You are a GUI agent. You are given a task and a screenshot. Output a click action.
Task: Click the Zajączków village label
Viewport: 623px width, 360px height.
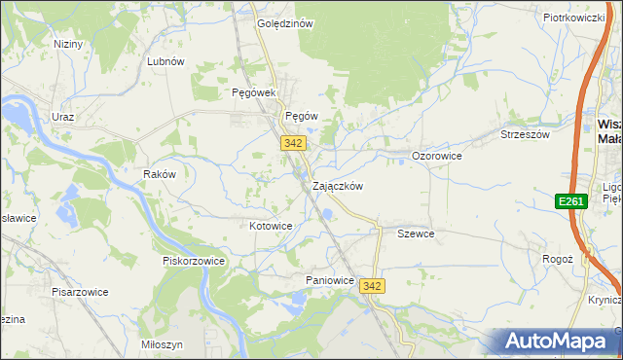338,186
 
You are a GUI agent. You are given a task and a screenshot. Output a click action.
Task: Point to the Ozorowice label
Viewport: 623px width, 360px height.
436,156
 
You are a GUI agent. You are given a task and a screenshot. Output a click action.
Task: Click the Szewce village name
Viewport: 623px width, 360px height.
416,234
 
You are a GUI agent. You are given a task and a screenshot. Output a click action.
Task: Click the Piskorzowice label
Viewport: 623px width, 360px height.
194,261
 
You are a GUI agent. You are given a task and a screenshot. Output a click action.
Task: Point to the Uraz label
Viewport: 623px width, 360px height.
63,116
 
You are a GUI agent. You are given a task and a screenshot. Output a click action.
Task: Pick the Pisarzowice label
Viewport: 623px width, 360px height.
81,292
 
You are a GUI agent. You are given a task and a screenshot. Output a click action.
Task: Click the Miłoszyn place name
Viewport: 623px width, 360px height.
162,345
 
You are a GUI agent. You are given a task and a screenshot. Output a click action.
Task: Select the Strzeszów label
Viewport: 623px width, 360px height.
525,134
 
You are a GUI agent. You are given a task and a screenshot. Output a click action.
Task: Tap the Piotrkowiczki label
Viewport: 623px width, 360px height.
574,18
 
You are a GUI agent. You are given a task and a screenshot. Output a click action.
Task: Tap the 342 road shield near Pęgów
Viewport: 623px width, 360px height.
295,143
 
